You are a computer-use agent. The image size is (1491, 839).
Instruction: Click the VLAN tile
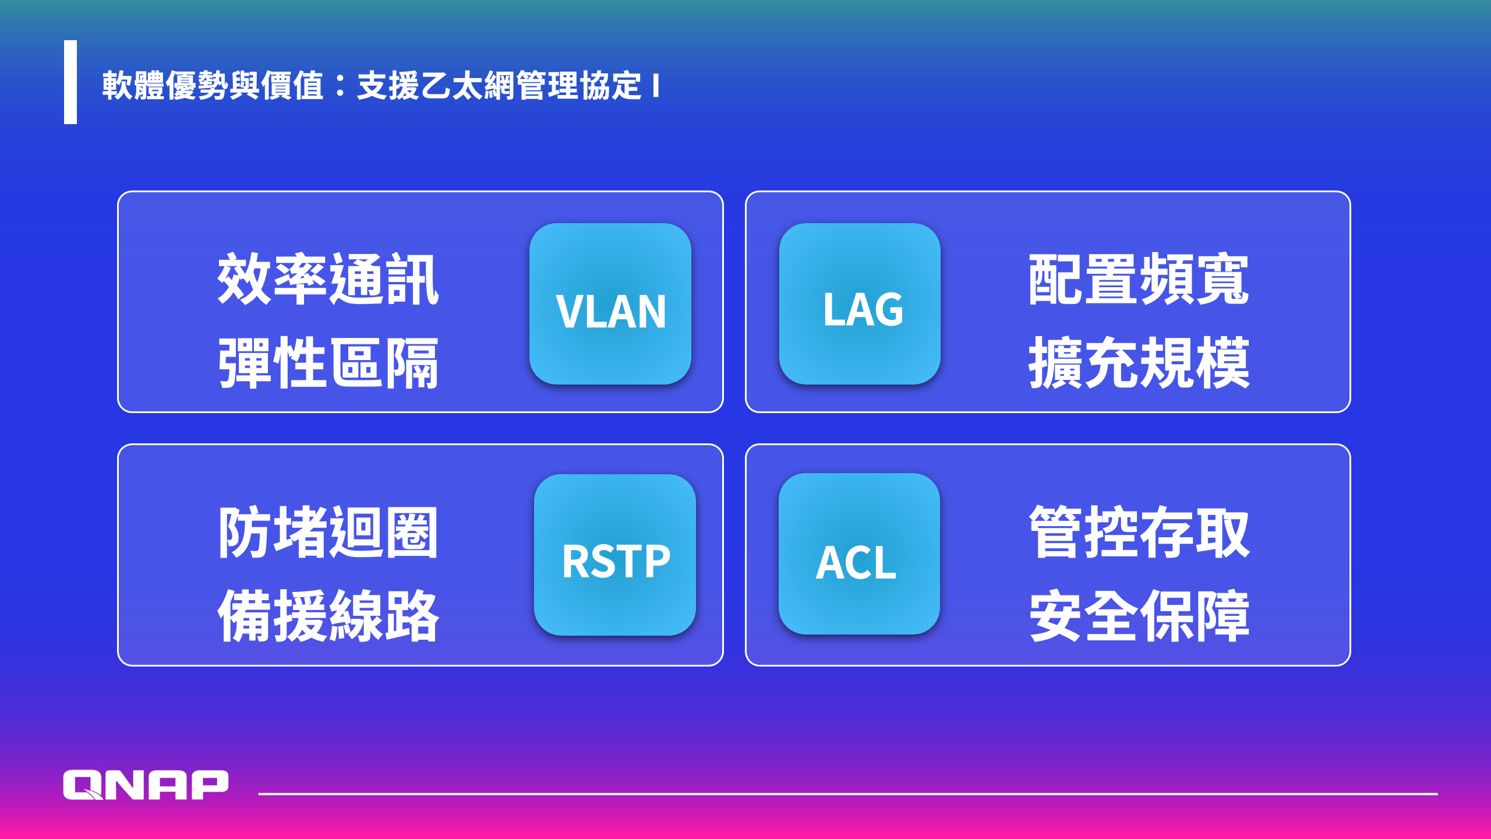tap(610, 304)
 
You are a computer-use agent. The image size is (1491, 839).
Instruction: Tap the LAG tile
tap(860, 304)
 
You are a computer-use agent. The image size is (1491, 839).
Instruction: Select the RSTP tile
tap(614, 555)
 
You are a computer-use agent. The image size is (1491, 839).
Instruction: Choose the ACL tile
tap(859, 554)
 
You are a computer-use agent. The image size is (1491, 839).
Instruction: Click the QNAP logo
tap(146, 785)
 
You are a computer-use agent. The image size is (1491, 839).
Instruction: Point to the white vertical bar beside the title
tap(70, 82)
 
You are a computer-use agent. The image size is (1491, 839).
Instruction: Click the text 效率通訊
tap(328, 279)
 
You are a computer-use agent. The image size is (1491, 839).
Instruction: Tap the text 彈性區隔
tap(328, 362)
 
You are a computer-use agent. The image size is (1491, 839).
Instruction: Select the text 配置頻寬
tap(1139, 279)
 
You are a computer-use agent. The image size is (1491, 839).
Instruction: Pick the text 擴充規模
tap(1139, 362)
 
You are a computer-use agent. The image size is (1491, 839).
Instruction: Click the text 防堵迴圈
tap(328, 532)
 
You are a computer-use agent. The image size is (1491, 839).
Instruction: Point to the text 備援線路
tap(328, 615)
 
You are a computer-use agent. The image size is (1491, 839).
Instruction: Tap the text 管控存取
tap(1139, 532)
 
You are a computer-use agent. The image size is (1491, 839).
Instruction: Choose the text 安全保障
tap(1139, 615)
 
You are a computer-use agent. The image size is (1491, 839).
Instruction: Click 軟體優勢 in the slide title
tap(165, 86)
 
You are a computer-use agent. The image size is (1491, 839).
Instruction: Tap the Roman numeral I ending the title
tap(656, 86)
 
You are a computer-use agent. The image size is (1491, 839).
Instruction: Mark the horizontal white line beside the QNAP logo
tap(848, 794)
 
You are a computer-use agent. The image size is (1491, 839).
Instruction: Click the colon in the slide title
tap(341, 86)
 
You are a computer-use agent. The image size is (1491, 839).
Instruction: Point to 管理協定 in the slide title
tap(579, 86)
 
